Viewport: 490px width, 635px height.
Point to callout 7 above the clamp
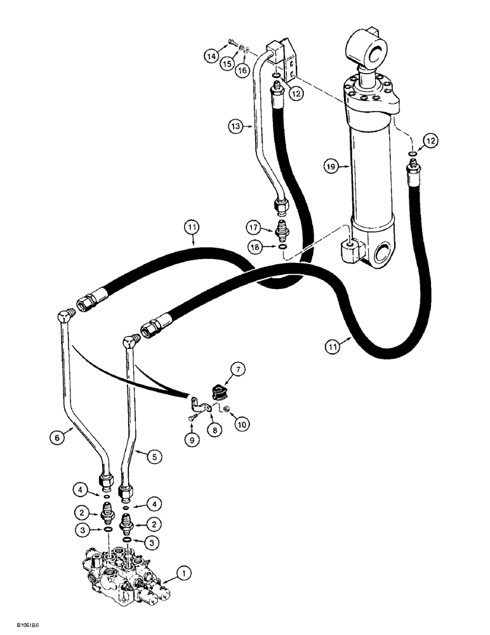click(238, 368)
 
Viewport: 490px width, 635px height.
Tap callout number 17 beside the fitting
click(255, 225)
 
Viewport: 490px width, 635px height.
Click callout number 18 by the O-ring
click(255, 246)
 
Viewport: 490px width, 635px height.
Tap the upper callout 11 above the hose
click(191, 225)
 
